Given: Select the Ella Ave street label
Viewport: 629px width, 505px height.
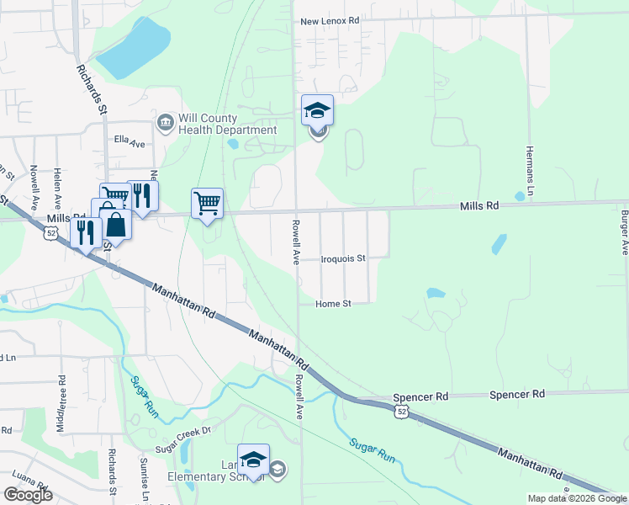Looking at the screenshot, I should coord(130,143).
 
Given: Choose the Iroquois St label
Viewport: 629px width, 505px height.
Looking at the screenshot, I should coord(344,259).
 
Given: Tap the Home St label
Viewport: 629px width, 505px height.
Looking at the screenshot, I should coord(332,303).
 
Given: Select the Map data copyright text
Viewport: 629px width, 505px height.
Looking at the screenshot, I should coord(578,499).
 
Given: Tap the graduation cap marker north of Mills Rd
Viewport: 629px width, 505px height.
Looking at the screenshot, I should coord(317,110).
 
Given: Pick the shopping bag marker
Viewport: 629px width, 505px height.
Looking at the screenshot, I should coord(117,226).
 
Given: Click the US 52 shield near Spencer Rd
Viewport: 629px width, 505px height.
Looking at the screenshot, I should coord(403,411).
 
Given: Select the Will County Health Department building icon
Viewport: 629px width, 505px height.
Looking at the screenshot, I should coord(165,124).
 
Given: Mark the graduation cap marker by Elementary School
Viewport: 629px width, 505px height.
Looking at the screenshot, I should coord(253,460).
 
